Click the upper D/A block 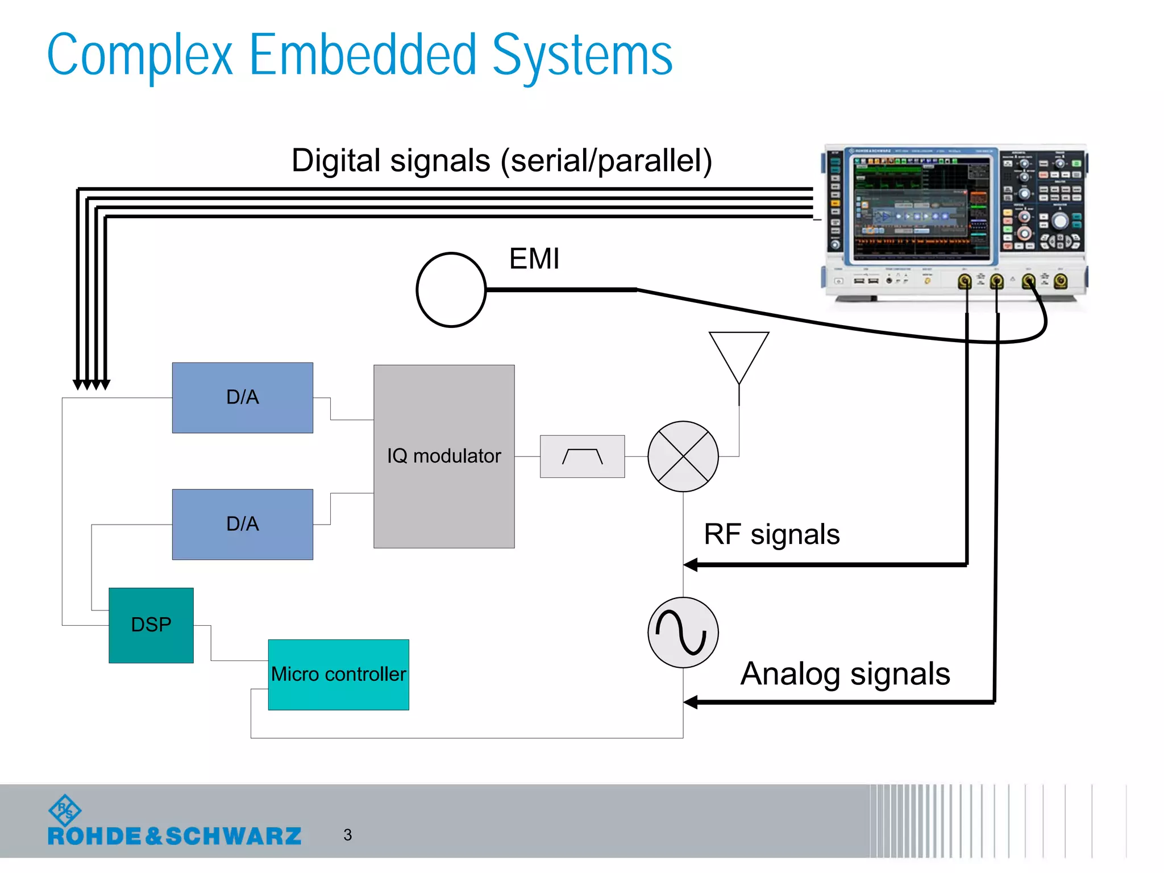coord(243,398)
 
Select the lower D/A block coord(243,524)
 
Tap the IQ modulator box coord(444,456)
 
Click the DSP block coord(151,625)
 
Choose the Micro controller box coord(339,675)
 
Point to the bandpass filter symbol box coord(582,456)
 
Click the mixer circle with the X coord(683,456)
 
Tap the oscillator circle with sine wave coord(683,633)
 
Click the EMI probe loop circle coord(451,290)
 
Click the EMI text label coord(534,259)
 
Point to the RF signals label coord(771,535)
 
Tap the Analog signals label coord(845,674)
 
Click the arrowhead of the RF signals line coord(691,564)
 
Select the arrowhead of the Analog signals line coord(691,702)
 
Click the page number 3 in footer coord(348,835)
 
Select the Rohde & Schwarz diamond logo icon coord(65,810)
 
